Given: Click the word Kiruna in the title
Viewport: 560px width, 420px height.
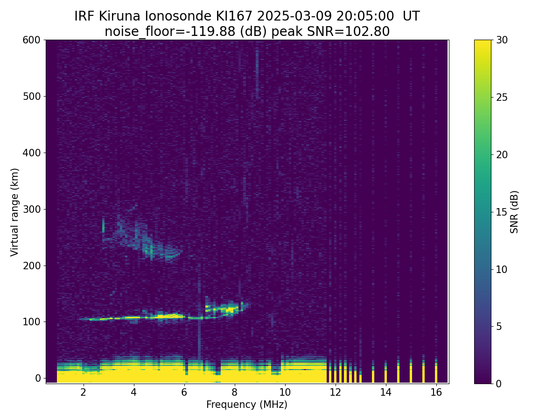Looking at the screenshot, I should [x=124, y=16].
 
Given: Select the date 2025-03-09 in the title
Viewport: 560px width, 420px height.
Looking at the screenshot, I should [x=293, y=16].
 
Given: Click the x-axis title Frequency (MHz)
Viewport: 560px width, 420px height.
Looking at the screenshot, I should [x=247, y=405].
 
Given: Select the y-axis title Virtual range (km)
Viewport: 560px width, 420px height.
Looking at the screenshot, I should [x=15, y=212].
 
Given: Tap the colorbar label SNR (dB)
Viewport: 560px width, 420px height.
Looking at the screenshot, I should [x=514, y=212].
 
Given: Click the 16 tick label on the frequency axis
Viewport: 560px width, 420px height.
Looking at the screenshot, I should [x=436, y=392].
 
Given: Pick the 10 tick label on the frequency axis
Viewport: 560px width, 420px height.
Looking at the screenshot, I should [x=285, y=392].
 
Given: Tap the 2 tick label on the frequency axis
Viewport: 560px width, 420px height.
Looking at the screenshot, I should [x=84, y=392].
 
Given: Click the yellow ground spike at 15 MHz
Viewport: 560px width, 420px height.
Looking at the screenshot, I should [x=411, y=373].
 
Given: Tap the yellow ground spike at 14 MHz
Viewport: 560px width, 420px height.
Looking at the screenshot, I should [x=385, y=376].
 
